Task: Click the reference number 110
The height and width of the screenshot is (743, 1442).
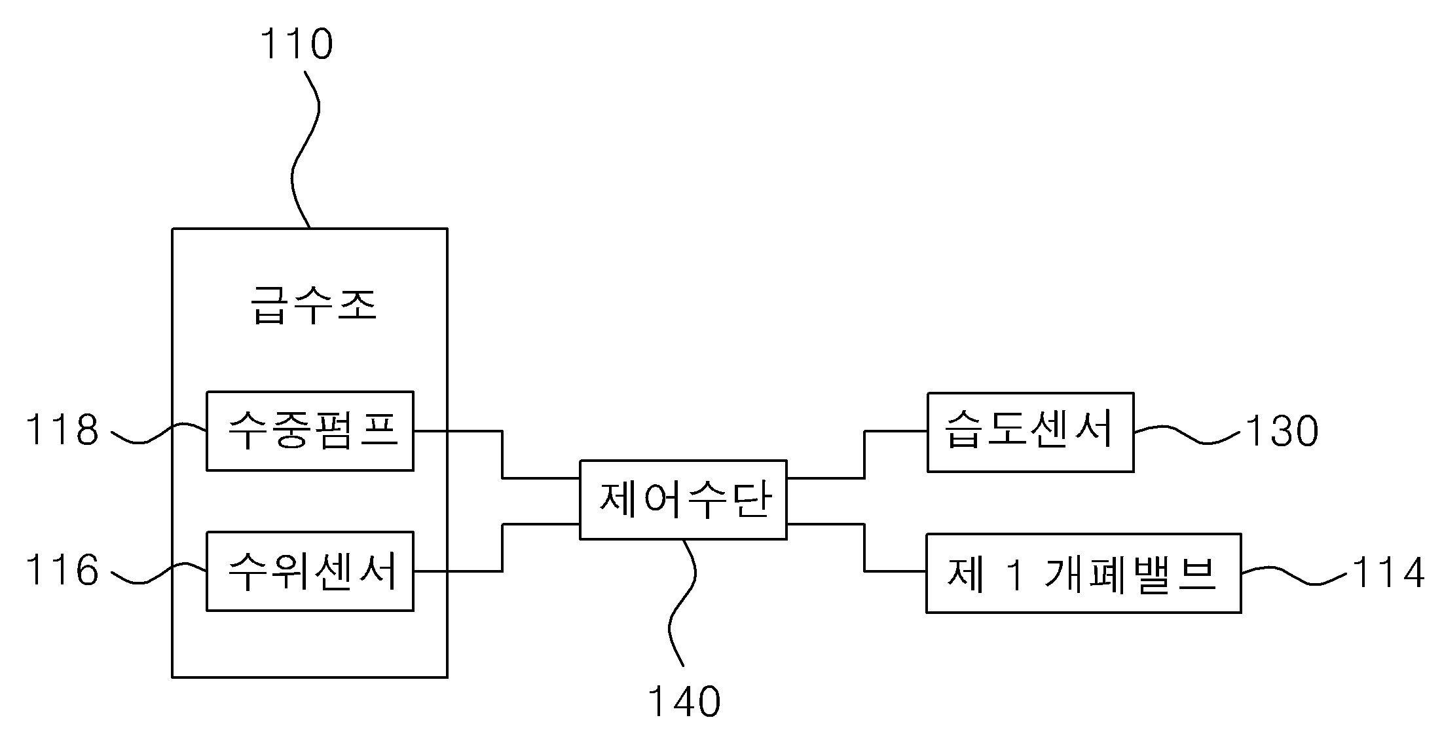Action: point(297,44)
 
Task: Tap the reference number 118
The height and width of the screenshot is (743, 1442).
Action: point(62,430)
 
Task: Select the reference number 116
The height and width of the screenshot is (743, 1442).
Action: point(62,569)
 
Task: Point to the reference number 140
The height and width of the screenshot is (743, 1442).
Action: point(684,702)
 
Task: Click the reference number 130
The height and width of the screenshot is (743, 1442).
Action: point(1282,432)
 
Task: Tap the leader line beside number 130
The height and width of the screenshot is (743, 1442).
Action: point(1187,434)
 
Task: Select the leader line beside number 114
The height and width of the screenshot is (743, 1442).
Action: point(1294,575)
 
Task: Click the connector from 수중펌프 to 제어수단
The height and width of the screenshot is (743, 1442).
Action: point(502,455)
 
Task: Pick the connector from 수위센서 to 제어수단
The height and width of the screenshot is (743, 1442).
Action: point(502,548)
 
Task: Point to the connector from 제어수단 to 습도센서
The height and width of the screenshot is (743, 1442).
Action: point(864,455)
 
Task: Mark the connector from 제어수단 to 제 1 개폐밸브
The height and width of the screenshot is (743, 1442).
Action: point(864,548)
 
